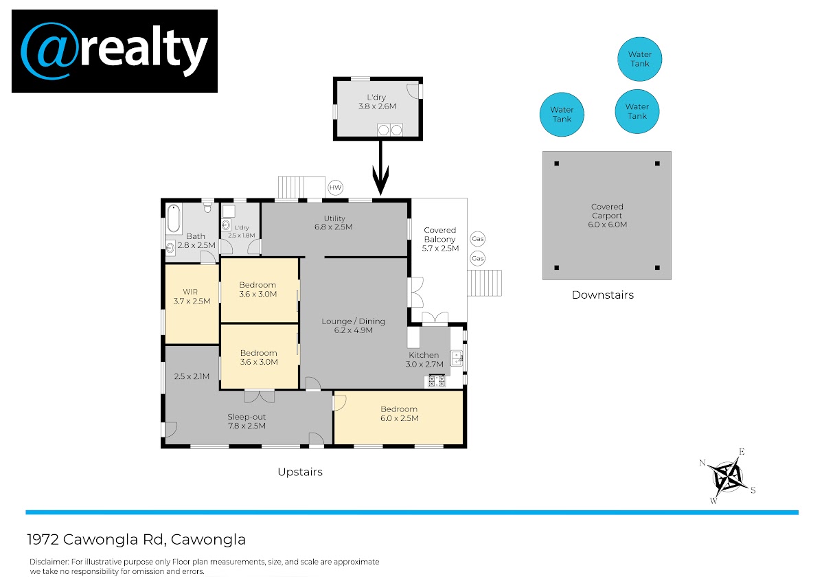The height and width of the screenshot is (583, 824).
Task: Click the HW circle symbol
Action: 335,187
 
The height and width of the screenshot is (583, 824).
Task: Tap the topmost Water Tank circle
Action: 639,59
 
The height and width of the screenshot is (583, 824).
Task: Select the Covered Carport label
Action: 607,216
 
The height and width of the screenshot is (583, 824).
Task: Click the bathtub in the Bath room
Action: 173,219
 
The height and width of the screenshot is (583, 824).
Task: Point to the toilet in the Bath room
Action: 207,207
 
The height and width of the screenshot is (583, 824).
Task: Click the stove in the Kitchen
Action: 437,380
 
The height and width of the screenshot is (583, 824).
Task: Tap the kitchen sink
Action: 457,358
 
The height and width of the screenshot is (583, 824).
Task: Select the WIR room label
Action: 192,297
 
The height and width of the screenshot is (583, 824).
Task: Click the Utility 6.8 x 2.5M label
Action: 334,222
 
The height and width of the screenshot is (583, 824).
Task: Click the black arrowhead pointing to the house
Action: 380,179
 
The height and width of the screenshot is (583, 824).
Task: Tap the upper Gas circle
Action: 477,239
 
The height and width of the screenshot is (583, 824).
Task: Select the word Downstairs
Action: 603,295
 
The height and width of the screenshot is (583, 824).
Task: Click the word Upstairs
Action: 300,472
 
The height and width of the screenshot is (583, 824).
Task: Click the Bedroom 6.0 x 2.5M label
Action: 399,413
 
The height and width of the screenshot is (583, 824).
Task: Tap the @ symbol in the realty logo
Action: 49,51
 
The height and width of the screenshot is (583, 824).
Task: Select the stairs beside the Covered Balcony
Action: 484,283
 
